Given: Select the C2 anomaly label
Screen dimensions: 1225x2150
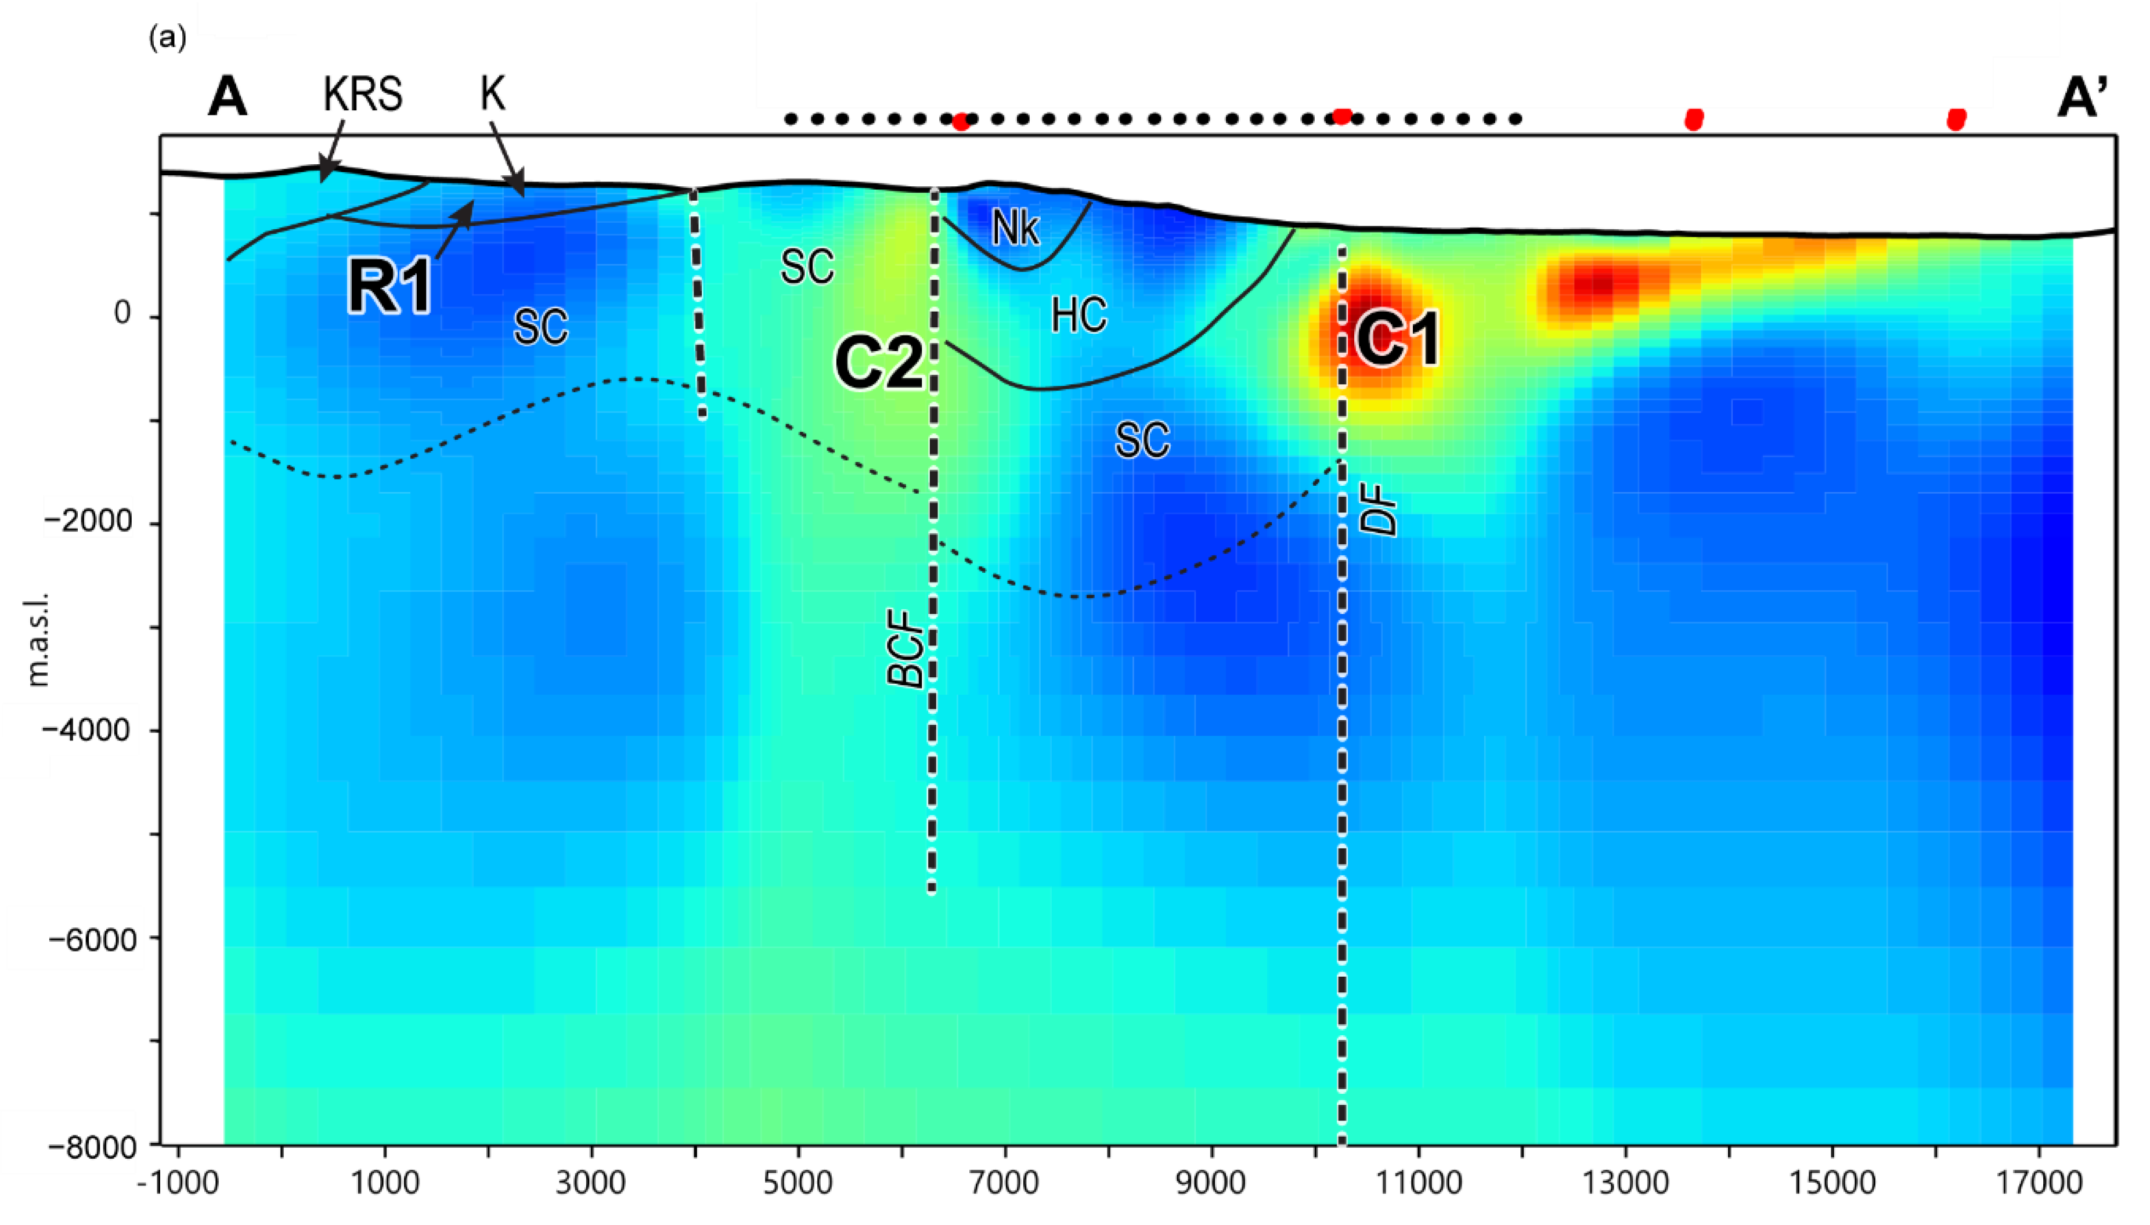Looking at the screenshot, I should pos(879,363).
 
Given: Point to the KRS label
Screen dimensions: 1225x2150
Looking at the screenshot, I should pos(363,95).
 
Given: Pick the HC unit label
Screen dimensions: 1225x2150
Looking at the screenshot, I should pos(1079,316).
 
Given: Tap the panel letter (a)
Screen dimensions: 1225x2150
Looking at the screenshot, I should pos(167,39).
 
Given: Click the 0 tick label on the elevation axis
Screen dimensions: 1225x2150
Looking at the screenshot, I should pos(123,314).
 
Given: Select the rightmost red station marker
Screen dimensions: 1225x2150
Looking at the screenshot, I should pos(1957,120).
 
